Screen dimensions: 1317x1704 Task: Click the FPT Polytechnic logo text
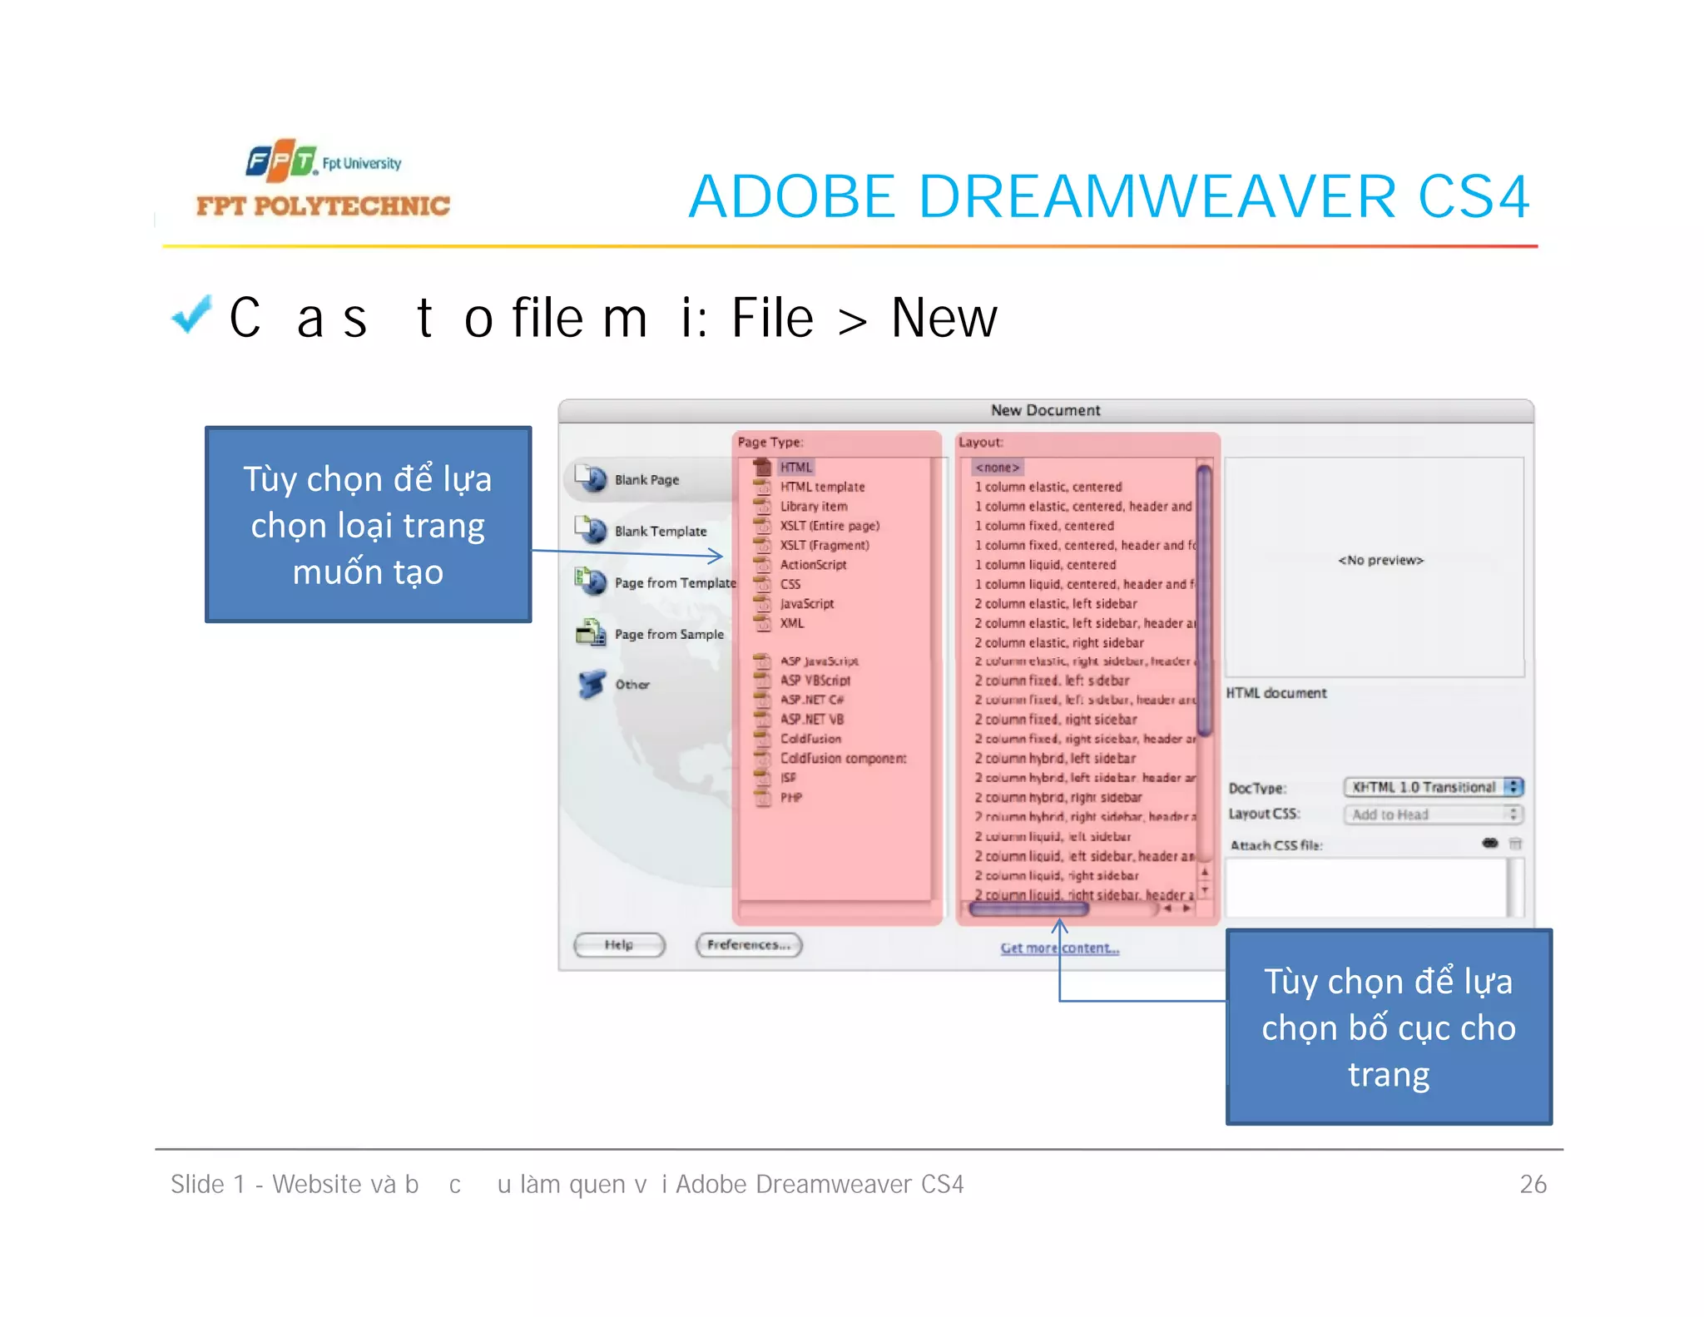(323, 205)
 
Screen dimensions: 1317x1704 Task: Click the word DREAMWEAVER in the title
(1157, 197)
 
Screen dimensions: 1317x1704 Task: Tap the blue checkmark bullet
(191, 314)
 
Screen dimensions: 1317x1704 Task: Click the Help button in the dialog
(619, 944)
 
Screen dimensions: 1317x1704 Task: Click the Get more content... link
(1059, 948)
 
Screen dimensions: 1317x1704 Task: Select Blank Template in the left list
(660, 531)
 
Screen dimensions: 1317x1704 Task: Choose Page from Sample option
(668, 634)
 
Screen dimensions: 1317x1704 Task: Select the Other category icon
(592, 684)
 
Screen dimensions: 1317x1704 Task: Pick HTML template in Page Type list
(822, 487)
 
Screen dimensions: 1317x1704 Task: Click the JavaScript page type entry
(806, 603)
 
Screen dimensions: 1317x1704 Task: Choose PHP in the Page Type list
(790, 797)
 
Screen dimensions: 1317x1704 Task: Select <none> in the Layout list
(997, 468)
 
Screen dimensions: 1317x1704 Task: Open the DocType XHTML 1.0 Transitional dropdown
(1433, 787)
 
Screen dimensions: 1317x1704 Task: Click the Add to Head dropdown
(1433, 814)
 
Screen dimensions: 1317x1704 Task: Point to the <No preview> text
(1380, 560)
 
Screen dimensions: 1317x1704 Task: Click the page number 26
(1533, 1184)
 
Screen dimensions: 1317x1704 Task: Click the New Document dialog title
(1045, 410)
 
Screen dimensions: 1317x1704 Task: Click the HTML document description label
(1276, 693)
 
